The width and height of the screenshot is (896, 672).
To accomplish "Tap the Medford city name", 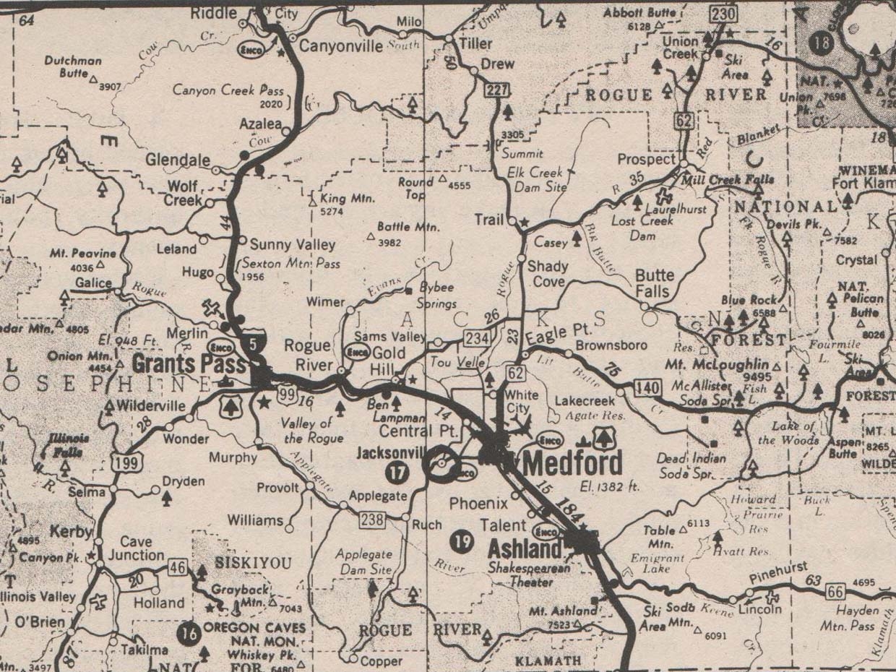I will pyautogui.click(x=571, y=462).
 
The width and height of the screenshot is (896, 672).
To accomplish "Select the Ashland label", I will pyautogui.click(x=525, y=548).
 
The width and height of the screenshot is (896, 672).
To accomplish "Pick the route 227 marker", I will pyautogui.click(x=498, y=90).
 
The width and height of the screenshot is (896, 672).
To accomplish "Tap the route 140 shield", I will pyautogui.click(x=647, y=388).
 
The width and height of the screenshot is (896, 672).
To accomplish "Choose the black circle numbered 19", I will pyautogui.click(x=460, y=539).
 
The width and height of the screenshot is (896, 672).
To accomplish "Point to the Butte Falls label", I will pyautogui.click(x=655, y=284).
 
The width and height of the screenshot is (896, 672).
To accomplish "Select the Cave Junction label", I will pyautogui.click(x=136, y=548).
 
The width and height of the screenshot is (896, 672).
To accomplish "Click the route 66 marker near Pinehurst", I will pyautogui.click(x=835, y=592).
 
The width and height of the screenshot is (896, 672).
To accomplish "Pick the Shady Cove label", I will pyautogui.click(x=548, y=273).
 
